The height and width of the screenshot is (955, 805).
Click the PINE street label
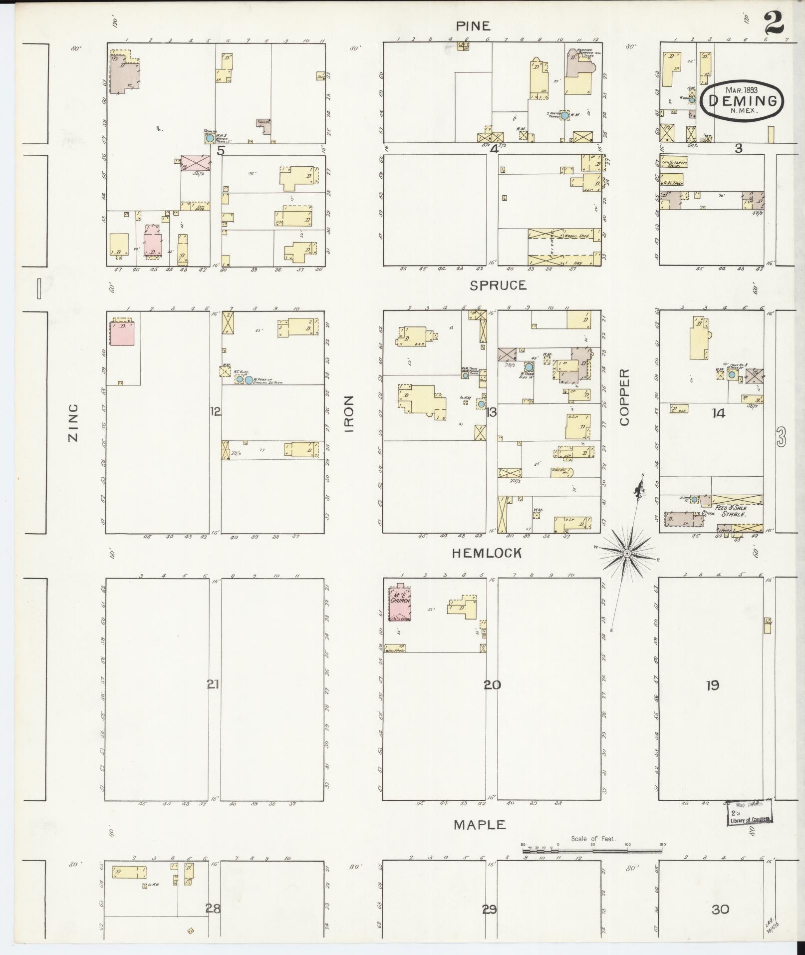473,26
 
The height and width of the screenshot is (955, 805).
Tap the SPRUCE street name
498,285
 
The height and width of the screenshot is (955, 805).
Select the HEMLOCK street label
487,553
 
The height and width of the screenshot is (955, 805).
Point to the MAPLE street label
480,825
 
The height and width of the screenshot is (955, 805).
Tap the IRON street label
348,414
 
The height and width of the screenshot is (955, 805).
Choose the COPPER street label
625,397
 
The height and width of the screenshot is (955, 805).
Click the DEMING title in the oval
742,101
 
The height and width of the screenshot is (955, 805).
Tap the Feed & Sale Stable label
731,510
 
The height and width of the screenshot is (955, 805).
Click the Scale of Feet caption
593,839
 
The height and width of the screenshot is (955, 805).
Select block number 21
214,684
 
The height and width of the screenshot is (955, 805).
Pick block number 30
720,909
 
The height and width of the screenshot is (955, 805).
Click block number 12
216,411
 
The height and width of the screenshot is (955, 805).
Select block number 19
712,685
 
